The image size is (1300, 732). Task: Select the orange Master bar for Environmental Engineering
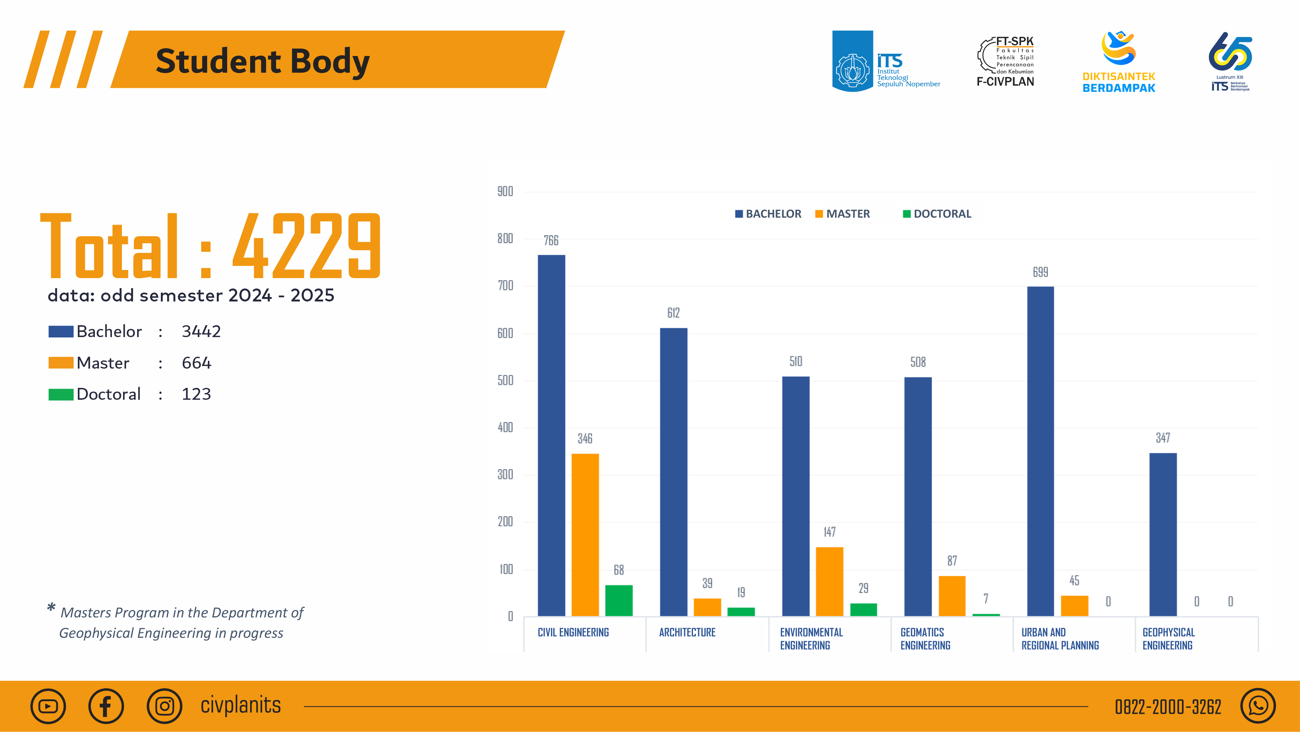(x=829, y=581)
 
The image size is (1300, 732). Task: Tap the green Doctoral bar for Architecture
(x=741, y=611)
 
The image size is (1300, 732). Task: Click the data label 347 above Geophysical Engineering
(x=1163, y=438)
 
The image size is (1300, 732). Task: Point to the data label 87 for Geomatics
(x=952, y=561)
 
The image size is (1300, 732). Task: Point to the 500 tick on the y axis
(x=505, y=380)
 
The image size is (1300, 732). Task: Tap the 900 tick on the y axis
(x=505, y=191)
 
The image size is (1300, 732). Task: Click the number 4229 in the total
(x=307, y=246)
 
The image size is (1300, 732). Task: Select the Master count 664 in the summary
(x=196, y=363)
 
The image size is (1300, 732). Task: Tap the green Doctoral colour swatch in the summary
(x=60, y=394)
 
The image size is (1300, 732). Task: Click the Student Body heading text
(x=262, y=61)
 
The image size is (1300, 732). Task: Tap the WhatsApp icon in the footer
(x=1258, y=706)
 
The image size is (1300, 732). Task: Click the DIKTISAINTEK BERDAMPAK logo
(x=1118, y=62)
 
